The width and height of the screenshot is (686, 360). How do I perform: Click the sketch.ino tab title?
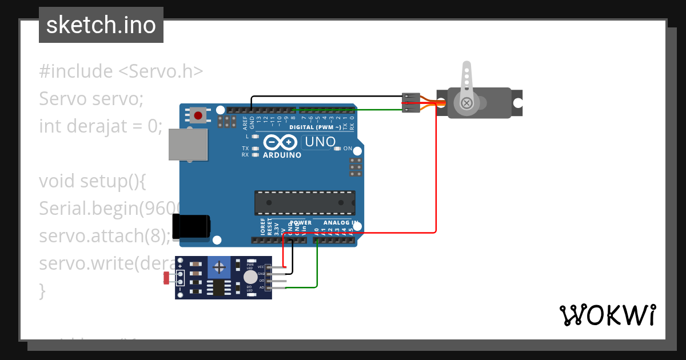point(101,25)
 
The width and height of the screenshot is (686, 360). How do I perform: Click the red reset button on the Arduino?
point(198,115)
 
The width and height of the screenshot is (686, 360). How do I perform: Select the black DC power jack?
point(191,225)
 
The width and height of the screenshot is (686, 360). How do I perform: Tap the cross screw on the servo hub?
point(467,103)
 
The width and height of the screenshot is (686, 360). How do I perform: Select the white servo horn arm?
point(466,80)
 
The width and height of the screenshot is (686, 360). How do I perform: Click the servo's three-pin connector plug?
point(411,103)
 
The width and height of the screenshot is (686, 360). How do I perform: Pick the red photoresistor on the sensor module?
point(167,278)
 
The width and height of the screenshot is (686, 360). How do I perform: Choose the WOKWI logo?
point(607,315)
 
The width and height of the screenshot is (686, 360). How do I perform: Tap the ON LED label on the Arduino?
point(347,149)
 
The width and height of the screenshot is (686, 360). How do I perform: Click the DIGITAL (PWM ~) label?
point(315,127)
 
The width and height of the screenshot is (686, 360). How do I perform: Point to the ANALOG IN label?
point(341,223)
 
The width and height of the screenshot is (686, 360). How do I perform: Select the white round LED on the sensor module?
point(250,277)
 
